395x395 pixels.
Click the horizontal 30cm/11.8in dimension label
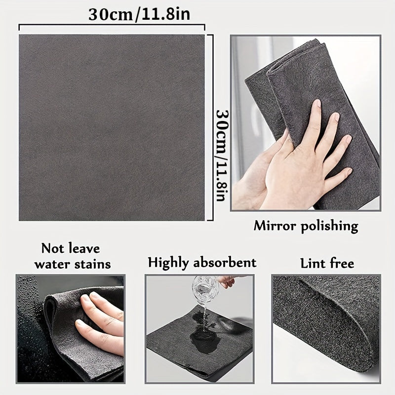139,14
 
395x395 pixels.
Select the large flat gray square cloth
112,127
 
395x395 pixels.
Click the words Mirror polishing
306,226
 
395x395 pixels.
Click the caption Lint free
327,263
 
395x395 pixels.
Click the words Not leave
70,248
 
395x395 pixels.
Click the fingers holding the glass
227,281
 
